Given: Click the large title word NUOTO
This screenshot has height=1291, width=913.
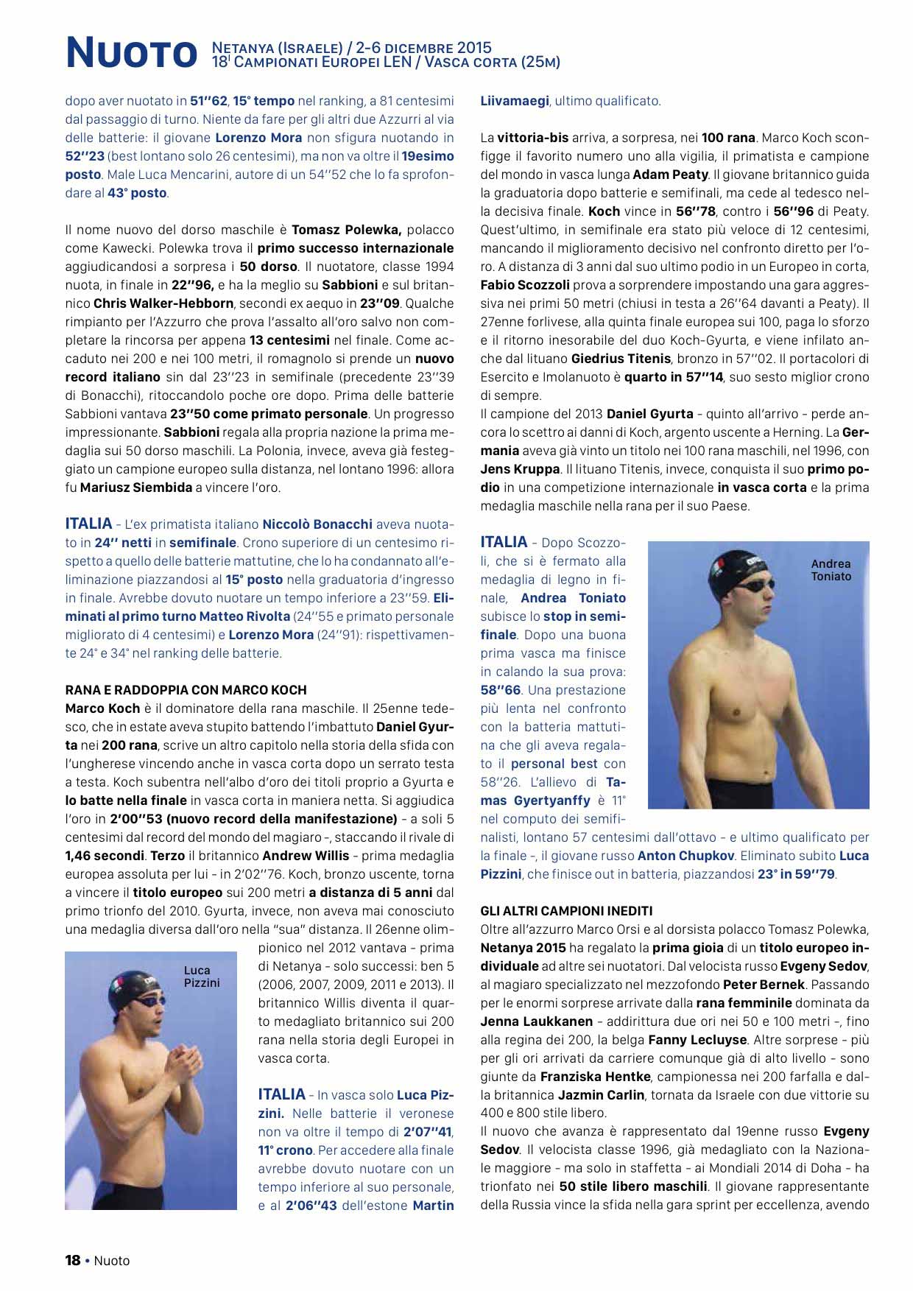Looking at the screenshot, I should (x=132, y=53).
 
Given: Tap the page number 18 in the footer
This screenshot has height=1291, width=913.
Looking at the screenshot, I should (x=72, y=1260).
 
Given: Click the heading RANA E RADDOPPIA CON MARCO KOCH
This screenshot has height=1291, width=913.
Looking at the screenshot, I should (x=186, y=690).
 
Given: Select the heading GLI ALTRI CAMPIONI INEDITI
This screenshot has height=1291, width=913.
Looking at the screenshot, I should (x=566, y=911).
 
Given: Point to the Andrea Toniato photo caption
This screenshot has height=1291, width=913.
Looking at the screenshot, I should (x=831, y=570).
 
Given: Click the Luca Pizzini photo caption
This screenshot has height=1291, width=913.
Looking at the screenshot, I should (x=201, y=977).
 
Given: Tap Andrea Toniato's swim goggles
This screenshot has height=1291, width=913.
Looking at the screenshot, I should (x=755, y=585).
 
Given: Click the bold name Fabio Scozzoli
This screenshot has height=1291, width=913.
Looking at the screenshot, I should (x=524, y=285).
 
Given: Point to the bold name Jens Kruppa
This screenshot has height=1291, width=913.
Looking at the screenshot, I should (x=520, y=469).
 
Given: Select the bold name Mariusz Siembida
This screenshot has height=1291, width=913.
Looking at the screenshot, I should (x=136, y=488).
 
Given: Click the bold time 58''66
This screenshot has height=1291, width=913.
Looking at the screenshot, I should (x=501, y=690).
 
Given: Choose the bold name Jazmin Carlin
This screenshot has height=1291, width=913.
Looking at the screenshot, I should (x=601, y=1095).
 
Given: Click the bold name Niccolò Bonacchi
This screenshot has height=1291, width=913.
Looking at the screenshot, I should (x=317, y=524).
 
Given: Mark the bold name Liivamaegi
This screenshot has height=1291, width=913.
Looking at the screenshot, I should (x=514, y=101).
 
